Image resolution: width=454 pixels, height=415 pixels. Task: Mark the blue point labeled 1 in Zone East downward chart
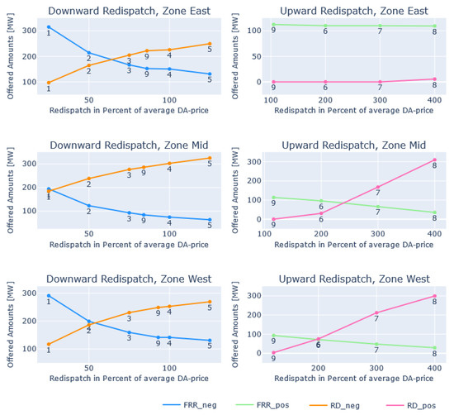pos(48,27)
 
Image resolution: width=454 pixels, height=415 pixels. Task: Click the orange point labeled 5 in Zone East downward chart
pos(210,44)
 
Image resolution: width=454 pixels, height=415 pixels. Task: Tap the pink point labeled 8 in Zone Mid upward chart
pos(434,160)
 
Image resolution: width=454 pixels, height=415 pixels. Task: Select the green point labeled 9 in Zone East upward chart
pos(273,24)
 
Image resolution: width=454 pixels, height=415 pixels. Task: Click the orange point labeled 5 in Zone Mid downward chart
pos(210,158)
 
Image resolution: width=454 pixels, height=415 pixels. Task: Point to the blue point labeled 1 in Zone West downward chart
pos(48,296)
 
